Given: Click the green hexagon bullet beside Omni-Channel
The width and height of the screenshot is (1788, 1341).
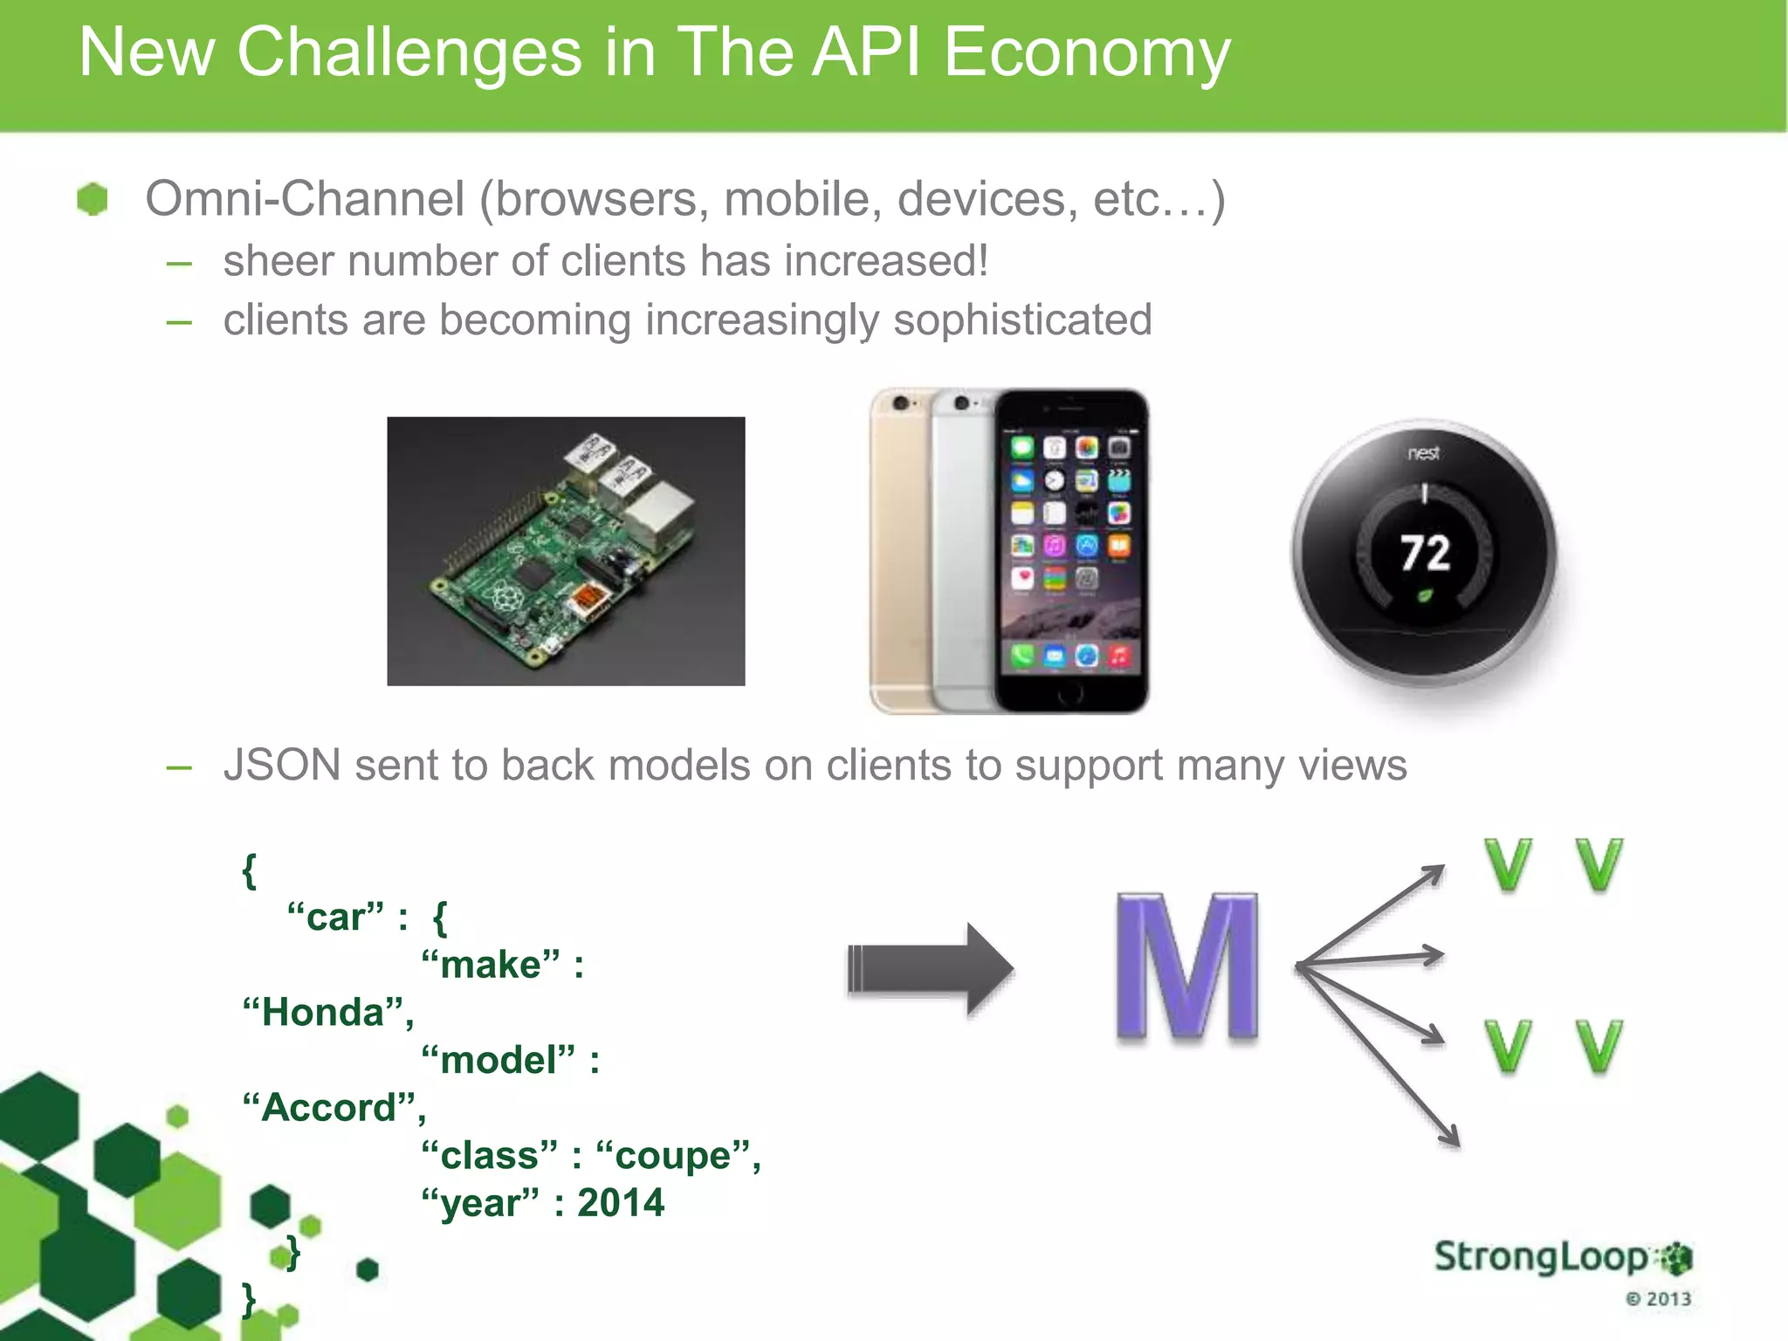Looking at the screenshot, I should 92,199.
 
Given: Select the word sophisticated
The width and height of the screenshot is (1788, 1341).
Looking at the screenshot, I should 1022,320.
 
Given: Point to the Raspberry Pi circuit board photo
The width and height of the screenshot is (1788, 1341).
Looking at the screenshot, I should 566,551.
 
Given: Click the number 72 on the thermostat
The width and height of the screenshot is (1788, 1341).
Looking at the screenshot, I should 1425,554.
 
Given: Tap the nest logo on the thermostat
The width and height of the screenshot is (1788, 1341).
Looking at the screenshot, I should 1423,453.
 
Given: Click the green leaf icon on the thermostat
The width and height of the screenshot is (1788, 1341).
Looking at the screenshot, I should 1424,597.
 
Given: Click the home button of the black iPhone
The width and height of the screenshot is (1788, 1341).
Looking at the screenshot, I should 1070,694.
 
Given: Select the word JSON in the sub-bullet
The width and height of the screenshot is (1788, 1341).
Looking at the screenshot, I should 282,766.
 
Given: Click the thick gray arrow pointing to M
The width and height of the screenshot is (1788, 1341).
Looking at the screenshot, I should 929,969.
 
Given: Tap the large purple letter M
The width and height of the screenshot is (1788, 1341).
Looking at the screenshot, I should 1187,967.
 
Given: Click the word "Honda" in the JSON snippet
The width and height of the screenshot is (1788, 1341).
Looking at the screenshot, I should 324,1013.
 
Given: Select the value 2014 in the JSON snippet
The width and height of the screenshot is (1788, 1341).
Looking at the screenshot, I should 621,1203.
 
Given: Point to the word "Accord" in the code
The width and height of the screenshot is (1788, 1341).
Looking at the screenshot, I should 329,1108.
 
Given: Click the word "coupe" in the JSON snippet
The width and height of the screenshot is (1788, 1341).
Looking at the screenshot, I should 673,1156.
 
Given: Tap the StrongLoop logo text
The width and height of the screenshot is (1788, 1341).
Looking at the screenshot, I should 1541,1257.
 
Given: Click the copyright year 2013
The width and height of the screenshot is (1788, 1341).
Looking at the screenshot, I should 1668,1299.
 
